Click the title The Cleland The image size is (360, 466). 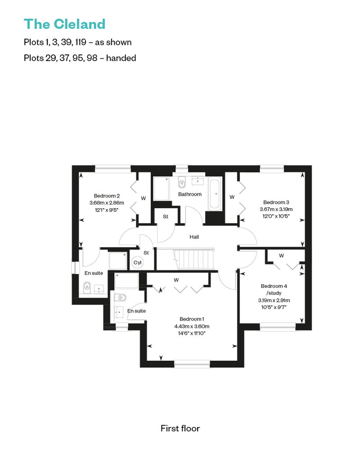point(64,23)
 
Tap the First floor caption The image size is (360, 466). point(180,428)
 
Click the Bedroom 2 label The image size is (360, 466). point(107,196)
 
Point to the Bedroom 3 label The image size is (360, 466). point(276,202)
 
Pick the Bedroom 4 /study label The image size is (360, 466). point(274,290)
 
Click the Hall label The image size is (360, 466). point(194,237)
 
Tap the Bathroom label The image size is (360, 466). point(189,194)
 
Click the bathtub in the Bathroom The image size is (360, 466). point(214,194)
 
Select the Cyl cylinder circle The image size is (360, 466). point(137,263)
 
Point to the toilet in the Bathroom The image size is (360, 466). point(182,183)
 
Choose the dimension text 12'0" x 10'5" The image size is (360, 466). point(276,216)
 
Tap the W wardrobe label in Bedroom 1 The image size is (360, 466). point(176,280)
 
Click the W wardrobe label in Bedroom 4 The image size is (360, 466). point(281,255)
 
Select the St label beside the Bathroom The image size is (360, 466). point(165,216)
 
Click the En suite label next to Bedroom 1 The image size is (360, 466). point(136,311)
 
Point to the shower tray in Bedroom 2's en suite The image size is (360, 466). point(118,261)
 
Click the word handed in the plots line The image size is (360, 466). point(121,58)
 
